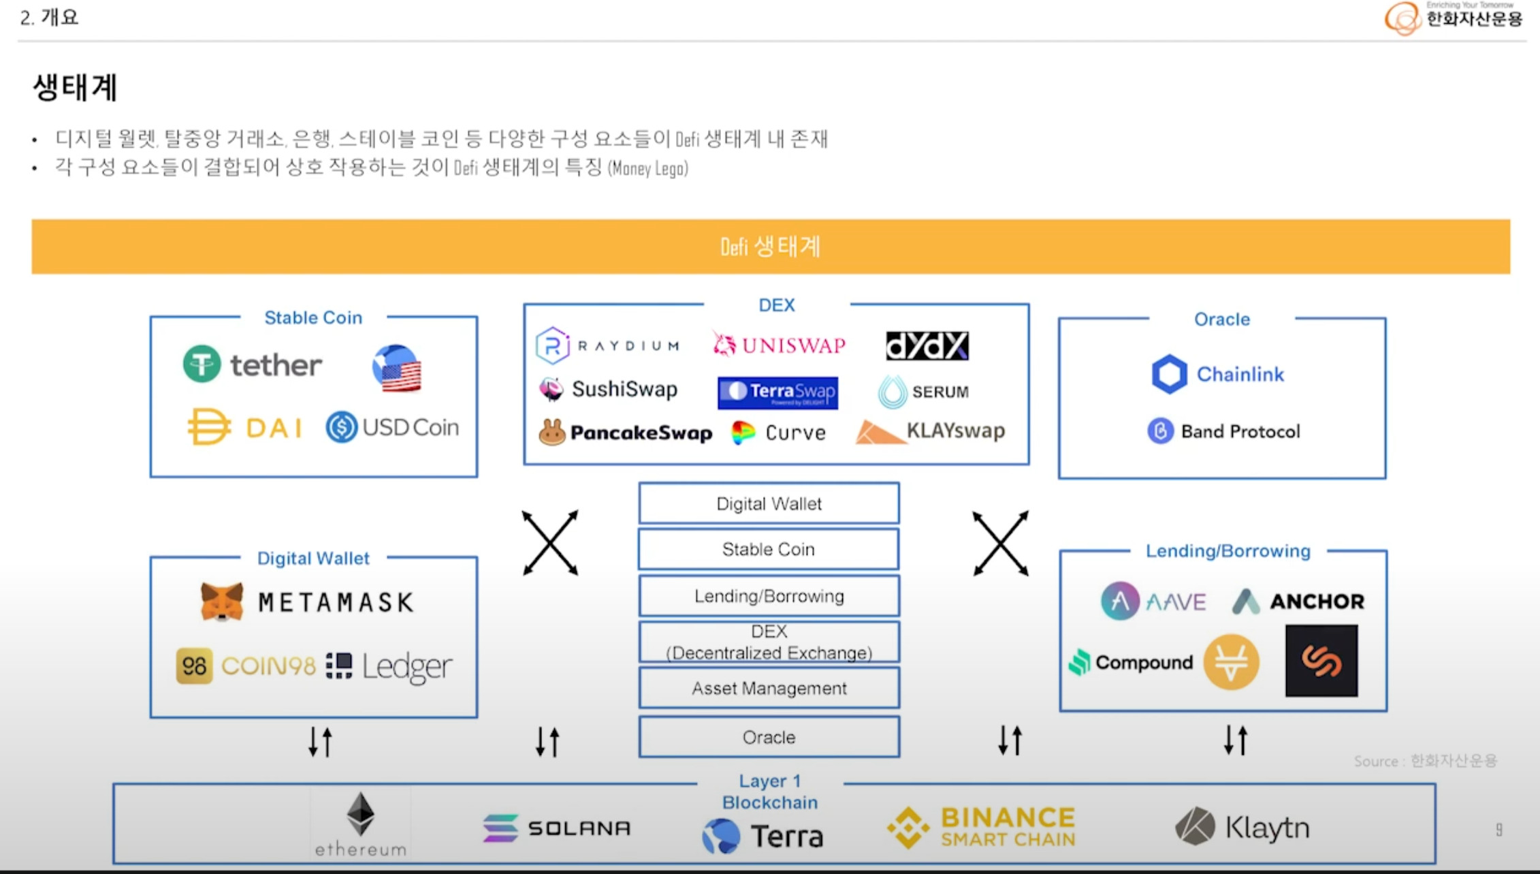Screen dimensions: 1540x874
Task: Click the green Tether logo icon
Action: [202, 364]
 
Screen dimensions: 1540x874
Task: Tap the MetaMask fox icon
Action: [222, 602]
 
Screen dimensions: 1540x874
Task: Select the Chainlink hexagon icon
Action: [1169, 374]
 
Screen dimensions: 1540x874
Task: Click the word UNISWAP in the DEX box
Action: [794, 345]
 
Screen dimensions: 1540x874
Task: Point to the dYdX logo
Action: [927, 345]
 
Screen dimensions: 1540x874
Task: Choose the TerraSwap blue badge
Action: [777, 392]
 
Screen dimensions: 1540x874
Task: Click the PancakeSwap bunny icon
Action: [552, 433]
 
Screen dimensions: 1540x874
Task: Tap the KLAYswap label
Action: [955, 431]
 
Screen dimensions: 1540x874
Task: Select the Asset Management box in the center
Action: [769, 688]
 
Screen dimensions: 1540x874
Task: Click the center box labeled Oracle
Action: [769, 737]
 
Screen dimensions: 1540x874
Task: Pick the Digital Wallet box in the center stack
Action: [769, 503]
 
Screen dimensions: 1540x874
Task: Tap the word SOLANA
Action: [579, 828]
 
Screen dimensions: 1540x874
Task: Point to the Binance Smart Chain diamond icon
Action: [908, 828]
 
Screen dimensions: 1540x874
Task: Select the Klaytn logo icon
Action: [1195, 826]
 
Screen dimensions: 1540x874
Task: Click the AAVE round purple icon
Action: [1120, 601]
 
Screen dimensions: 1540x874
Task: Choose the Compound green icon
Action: [1080, 662]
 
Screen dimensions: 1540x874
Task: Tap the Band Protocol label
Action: [1240, 431]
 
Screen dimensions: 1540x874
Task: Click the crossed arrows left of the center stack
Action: [550, 543]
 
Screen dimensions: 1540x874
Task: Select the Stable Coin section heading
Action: [313, 317]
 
